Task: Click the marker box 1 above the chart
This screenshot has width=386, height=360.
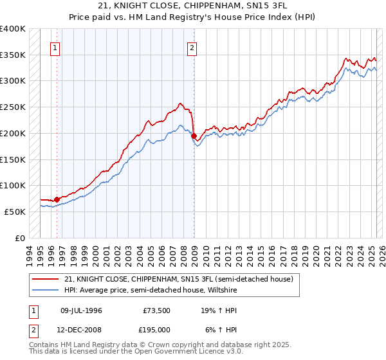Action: (x=56, y=47)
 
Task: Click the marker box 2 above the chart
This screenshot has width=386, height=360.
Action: (x=192, y=47)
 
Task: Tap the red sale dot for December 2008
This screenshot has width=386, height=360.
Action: (x=194, y=136)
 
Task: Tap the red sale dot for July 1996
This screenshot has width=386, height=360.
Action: (x=57, y=199)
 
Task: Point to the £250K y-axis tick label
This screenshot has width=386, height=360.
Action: (x=13, y=107)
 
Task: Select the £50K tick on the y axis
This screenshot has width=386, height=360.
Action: (x=15, y=212)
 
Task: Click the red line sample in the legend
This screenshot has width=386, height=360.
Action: (x=45, y=279)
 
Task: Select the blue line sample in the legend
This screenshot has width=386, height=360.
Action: (x=45, y=290)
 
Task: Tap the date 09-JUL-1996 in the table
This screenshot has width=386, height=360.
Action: (x=81, y=310)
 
